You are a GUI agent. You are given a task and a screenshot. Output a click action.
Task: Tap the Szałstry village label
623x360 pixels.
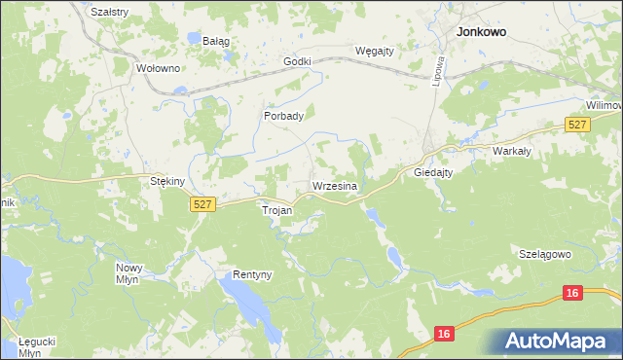[x=109, y=11]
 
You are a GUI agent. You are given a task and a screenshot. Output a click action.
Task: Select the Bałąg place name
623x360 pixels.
[x=215, y=41]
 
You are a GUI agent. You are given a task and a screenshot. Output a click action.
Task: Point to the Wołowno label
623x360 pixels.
[x=159, y=68]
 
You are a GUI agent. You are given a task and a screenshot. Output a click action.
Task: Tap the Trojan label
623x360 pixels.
[x=277, y=209]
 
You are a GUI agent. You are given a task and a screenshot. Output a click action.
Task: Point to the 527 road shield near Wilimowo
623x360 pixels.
[x=577, y=125]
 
